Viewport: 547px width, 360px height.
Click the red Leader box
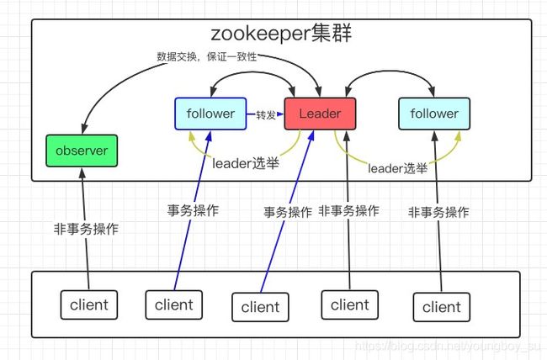tap(321, 114)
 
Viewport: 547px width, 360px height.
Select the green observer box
tap(82, 151)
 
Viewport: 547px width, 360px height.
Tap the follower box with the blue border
tap(210, 114)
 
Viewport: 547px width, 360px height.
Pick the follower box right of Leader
tap(434, 114)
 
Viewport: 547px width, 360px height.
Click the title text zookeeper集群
tap(281, 34)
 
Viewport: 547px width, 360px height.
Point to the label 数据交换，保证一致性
tap(206, 56)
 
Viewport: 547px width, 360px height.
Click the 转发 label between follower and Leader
tap(266, 114)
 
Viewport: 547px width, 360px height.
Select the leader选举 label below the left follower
tap(246, 163)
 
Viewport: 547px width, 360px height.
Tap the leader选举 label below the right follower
tap(398, 168)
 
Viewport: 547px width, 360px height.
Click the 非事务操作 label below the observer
tap(86, 229)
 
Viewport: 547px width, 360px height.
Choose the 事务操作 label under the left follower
tap(193, 210)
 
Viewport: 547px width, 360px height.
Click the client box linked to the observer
tap(89, 304)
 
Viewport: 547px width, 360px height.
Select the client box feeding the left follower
tap(174, 304)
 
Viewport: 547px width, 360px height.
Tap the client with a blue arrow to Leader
tap(260, 307)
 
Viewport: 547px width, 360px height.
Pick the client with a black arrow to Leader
tap(350, 304)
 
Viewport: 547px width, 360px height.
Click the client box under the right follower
tap(442, 307)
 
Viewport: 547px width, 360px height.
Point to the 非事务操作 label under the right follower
tap(438, 212)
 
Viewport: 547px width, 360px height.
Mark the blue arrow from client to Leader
tap(287, 211)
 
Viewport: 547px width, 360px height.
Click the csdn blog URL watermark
tap(448, 346)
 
